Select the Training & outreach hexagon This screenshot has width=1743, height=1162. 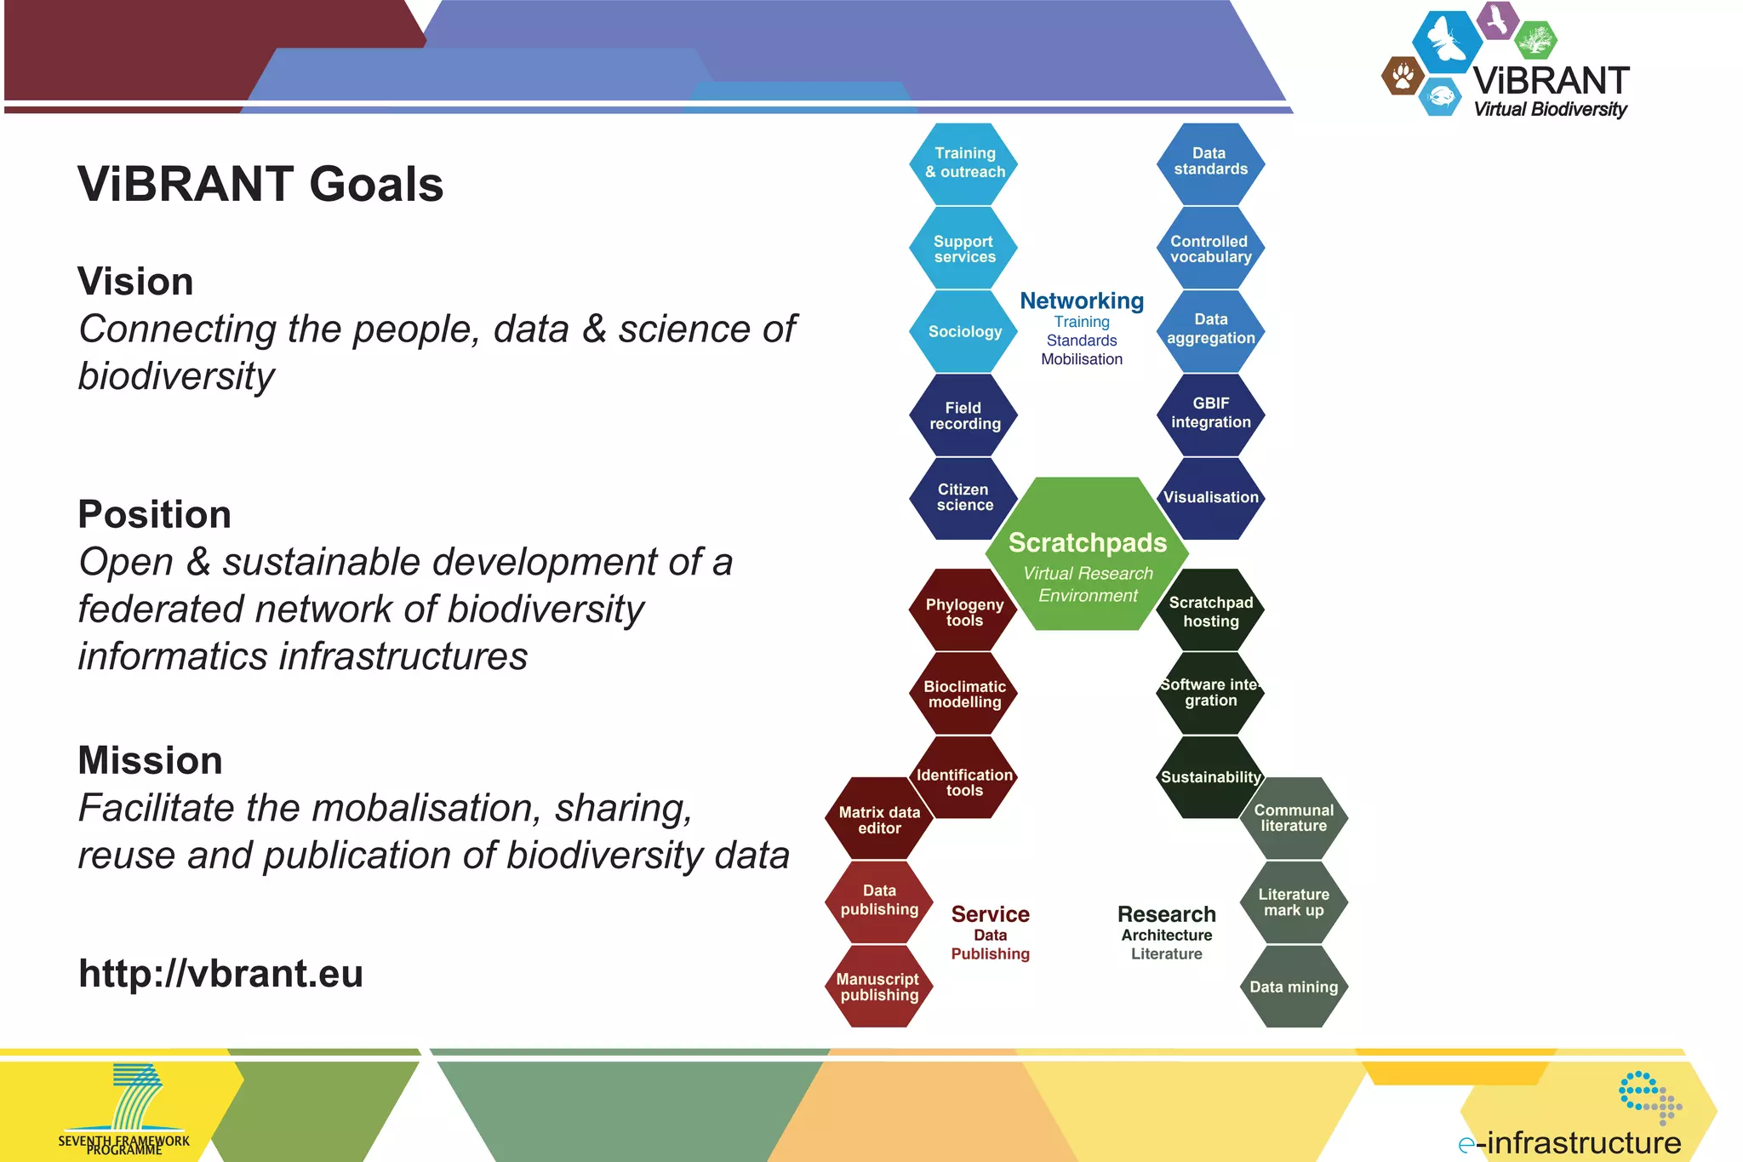coord(964,163)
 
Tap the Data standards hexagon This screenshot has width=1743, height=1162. coord(1210,162)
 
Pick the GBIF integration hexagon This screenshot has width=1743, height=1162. coord(1210,413)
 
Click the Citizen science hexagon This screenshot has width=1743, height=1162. coord(964,497)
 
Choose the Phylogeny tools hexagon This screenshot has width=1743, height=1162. coord(964,612)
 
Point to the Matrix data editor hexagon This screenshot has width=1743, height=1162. coord(879,820)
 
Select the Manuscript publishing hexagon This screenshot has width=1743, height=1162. coord(878,987)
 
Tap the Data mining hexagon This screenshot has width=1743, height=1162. coord(1293,987)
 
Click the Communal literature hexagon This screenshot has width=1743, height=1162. coord(1293,817)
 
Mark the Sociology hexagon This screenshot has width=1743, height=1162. coord(964,331)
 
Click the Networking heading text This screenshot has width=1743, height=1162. coord(1082,301)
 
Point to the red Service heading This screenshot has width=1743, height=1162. coord(990,914)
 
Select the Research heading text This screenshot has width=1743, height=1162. coord(1166,914)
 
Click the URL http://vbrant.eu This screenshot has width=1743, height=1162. coord(221,974)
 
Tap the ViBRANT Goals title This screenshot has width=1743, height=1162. coord(260,185)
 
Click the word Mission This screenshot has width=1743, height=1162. coord(150,760)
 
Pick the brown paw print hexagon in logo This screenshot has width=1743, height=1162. coord(1403,77)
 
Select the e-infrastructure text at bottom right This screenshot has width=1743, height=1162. coord(1570,1142)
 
